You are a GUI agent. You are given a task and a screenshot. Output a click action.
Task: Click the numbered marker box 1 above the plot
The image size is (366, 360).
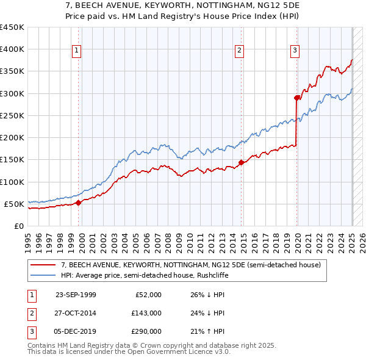click(77, 51)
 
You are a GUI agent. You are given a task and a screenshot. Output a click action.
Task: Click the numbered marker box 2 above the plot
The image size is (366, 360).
click(239, 51)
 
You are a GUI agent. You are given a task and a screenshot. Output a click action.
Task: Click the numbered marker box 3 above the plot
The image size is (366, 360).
click(295, 51)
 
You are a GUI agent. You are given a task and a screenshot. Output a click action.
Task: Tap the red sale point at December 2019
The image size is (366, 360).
click(297, 98)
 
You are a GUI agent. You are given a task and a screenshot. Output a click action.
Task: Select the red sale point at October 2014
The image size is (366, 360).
click(241, 162)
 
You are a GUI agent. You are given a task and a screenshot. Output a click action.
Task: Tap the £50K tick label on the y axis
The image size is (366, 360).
click(14, 204)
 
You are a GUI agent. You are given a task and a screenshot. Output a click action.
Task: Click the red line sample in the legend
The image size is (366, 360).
click(42, 265)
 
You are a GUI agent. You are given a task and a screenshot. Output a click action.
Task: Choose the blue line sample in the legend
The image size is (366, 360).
click(42, 275)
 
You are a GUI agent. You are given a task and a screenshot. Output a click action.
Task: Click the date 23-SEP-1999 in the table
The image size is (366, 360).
click(76, 295)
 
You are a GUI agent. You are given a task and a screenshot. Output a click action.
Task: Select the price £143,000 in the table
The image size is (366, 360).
click(147, 313)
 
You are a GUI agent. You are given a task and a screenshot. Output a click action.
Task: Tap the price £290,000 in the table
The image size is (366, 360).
click(147, 331)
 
